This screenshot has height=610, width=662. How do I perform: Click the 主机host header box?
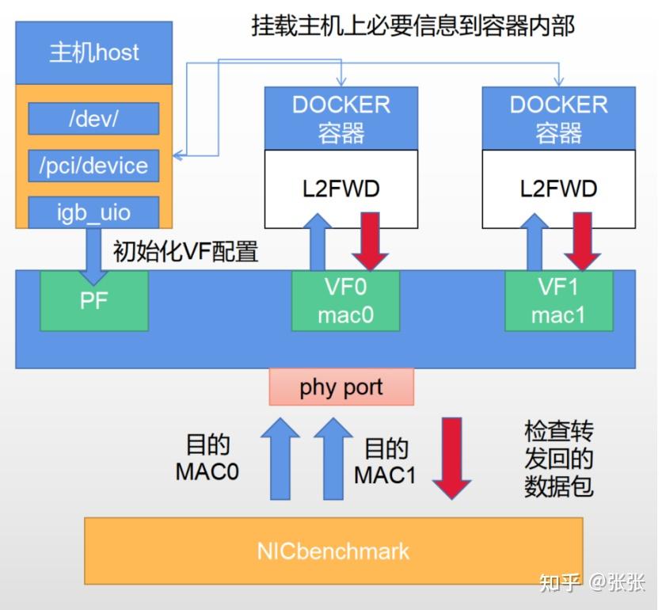click(93, 53)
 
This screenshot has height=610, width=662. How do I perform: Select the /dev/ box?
click(93, 119)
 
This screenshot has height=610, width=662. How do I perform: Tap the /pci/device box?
click(93, 166)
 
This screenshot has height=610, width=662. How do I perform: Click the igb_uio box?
click(93, 212)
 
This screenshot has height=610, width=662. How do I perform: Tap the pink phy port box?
click(341, 387)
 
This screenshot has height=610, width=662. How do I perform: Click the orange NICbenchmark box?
click(333, 551)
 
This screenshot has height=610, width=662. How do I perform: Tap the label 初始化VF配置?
click(187, 252)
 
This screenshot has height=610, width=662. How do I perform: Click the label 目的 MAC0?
click(207, 457)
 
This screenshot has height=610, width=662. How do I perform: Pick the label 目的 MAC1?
click(386, 461)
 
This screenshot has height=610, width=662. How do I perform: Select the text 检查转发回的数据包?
click(558, 459)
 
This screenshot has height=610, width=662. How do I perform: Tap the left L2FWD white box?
click(341, 189)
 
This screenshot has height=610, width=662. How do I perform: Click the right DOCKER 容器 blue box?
click(558, 119)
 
